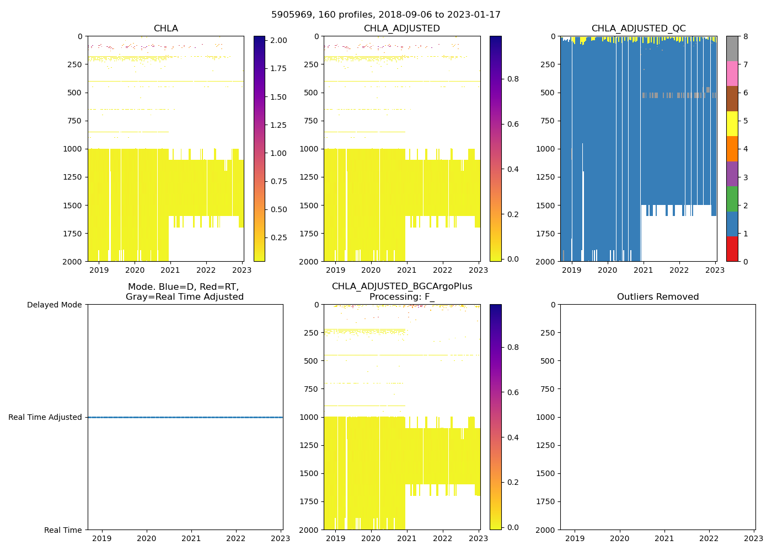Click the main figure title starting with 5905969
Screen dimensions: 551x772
(x=386, y=15)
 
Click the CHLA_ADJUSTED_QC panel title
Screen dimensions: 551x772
(x=639, y=29)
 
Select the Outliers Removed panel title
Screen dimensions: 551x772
(x=658, y=297)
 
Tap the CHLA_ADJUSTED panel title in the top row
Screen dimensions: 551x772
(x=401, y=29)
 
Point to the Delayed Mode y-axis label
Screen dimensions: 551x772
(x=54, y=305)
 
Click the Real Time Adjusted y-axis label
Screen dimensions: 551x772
(x=45, y=417)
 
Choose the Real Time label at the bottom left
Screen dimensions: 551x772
(x=63, y=530)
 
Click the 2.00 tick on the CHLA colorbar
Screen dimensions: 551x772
(x=278, y=40)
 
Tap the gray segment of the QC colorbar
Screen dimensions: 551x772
(x=732, y=48)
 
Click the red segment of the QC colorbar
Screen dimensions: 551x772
(x=732, y=249)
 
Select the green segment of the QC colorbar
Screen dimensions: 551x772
(x=732, y=199)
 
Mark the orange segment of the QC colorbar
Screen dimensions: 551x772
(x=732, y=149)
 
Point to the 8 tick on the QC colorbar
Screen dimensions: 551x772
(x=746, y=36)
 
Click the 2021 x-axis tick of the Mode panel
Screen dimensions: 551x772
(x=191, y=538)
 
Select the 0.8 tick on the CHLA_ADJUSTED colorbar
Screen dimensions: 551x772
(x=513, y=79)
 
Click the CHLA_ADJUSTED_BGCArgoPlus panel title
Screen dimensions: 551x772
(x=401, y=291)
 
